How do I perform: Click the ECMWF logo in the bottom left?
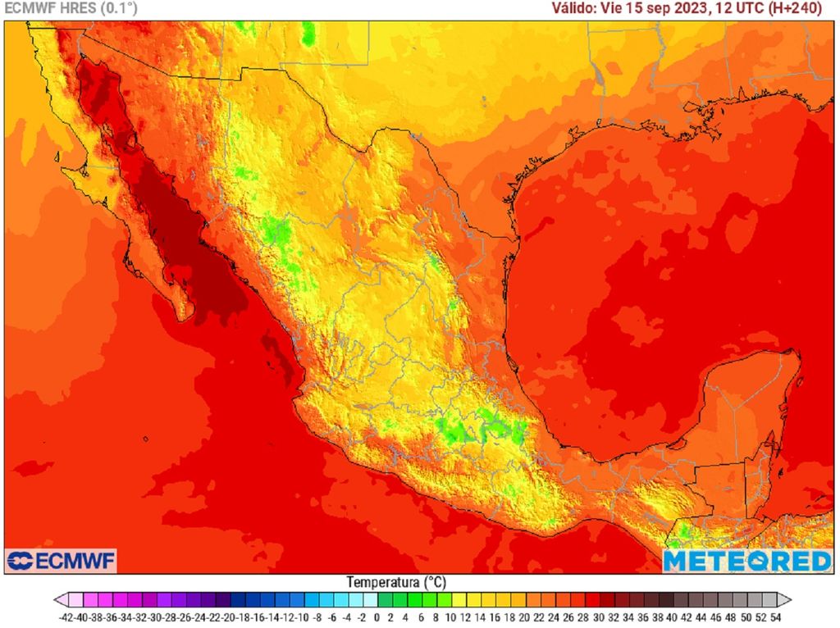[x=61, y=561]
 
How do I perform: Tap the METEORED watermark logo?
[x=746, y=561]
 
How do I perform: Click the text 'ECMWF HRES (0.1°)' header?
[x=71, y=9]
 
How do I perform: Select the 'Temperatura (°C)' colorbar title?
[x=396, y=582]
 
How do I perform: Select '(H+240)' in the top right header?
[x=806, y=9]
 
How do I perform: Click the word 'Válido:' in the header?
[x=574, y=9]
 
